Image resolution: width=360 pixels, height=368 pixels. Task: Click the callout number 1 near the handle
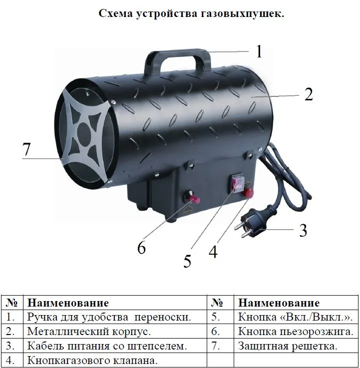tap(259, 51)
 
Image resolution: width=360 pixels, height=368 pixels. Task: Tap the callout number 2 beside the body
tap(309, 94)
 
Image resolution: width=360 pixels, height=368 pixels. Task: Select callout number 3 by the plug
tap(303, 230)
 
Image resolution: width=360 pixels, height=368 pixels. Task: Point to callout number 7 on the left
tap(26, 149)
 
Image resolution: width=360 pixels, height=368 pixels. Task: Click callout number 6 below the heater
tap(141, 247)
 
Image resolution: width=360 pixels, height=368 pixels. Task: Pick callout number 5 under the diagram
tap(187, 261)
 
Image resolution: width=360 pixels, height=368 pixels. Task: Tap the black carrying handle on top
tap(177, 61)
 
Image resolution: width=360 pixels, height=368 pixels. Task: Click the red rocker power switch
tap(237, 184)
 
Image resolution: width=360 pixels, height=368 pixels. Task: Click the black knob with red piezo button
tap(191, 197)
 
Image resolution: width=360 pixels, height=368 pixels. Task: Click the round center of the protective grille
tap(84, 135)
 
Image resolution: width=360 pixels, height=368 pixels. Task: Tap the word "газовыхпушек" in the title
tap(242, 14)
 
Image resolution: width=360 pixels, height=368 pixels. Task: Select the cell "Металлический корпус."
tap(89, 332)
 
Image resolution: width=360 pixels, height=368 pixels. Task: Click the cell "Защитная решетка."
tap(288, 346)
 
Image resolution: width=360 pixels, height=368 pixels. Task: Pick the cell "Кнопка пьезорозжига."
tap(296, 332)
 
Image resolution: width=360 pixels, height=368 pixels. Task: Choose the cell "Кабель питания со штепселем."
tap(107, 346)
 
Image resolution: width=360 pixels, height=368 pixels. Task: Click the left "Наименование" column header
tap(68, 303)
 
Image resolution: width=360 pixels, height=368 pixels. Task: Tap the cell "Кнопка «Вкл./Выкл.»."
tap(295, 317)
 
